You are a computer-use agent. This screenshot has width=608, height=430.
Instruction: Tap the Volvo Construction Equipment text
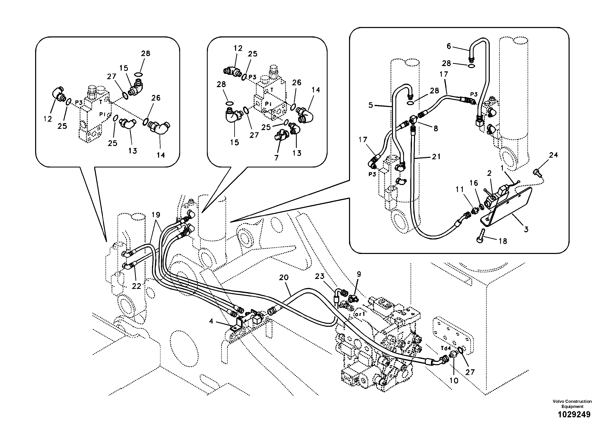[x=572, y=404]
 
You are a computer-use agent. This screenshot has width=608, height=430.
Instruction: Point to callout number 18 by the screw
[x=503, y=241]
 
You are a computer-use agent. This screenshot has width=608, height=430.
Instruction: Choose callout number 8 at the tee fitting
[x=436, y=129]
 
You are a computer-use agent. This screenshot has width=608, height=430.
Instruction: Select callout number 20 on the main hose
[x=284, y=277]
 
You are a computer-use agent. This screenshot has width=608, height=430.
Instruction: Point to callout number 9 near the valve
[x=359, y=274]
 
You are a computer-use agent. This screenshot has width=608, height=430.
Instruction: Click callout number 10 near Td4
[x=454, y=381]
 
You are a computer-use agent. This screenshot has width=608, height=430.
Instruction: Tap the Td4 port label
[x=446, y=348]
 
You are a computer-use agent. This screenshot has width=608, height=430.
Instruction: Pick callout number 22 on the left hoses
[x=137, y=286]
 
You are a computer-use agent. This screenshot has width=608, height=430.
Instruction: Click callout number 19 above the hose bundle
[x=156, y=215]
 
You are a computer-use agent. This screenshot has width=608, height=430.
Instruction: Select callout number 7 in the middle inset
[x=277, y=158]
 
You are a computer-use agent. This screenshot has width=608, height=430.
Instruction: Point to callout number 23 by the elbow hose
[x=320, y=276]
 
